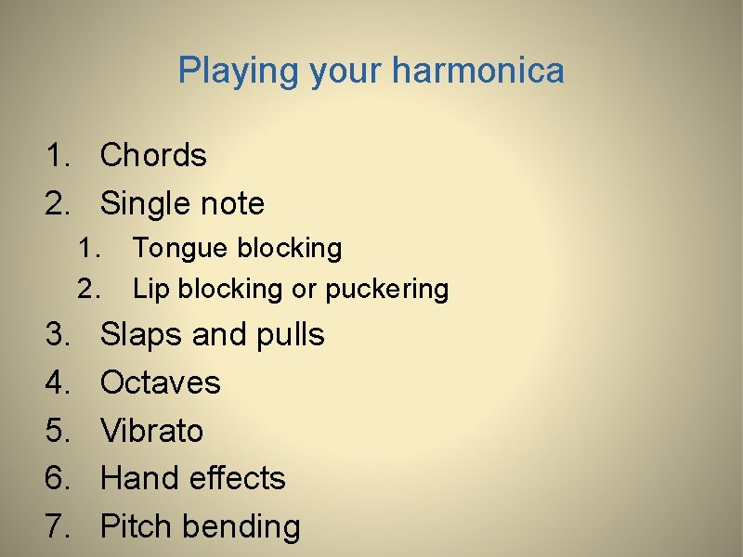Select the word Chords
[x=153, y=155]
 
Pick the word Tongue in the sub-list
[x=180, y=249]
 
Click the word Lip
[x=150, y=289]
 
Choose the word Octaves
[x=161, y=382]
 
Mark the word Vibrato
[x=151, y=431]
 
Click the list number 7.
[x=58, y=527]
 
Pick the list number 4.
[x=58, y=382]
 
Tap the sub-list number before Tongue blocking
[x=88, y=249]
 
